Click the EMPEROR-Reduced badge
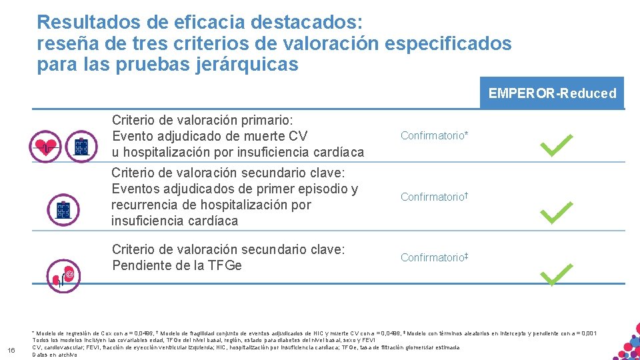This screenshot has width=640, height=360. tap(552, 93)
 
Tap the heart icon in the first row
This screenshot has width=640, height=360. tap(45, 146)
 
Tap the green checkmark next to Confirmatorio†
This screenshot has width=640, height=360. tap(556, 213)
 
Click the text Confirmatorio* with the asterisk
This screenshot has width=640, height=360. tap(434, 136)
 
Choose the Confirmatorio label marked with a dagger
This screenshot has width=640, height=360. tap(433, 197)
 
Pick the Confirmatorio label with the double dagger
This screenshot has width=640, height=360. tap(433, 257)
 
